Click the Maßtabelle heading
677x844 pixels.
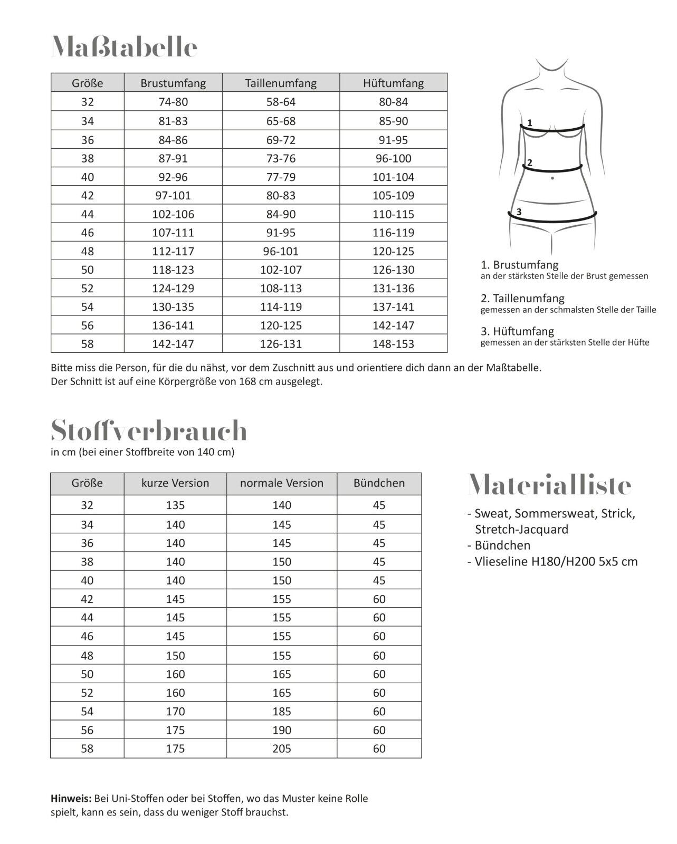coord(125,47)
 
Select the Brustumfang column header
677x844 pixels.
coord(173,83)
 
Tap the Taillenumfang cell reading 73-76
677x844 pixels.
coord(281,158)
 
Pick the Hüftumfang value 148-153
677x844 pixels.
coord(393,344)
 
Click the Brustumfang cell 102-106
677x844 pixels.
coord(173,214)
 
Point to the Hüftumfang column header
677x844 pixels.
coord(393,83)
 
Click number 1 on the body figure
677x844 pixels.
coord(530,123)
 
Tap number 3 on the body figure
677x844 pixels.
coord(519,212)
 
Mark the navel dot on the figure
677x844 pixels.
coord(552,178)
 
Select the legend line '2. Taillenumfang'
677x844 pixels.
coord(522,299)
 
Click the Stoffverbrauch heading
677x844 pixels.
coord(149,431)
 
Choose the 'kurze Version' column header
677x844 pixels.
coord(175,483)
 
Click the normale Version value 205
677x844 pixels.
coord(282,749)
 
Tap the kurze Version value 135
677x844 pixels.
coord(175,505)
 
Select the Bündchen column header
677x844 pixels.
coord(379,483)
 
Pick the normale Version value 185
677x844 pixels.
coord(282,712)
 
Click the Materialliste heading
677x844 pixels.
coord(549,484)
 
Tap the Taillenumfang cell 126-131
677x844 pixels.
coord(281,344)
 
